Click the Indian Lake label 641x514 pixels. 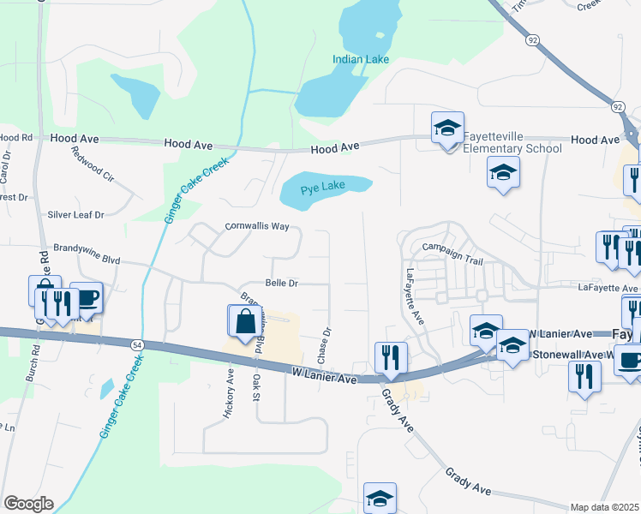tap(361, 59)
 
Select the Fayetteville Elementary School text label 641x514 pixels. tap(512, 142)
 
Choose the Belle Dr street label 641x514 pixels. tap(281, 283)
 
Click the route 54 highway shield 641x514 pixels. tap(136, 344)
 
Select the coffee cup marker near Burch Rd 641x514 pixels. tap(86, 297)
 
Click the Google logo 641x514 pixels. tap(28, 504)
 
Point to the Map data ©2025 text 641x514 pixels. tap(604, 507)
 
